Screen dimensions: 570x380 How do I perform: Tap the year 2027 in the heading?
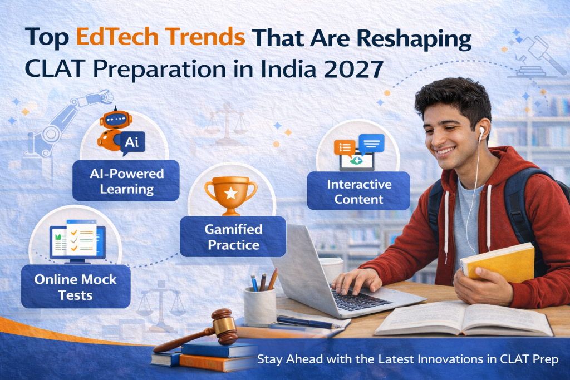(x=353, y=69)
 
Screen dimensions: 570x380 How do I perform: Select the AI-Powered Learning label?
(x=126, y=181)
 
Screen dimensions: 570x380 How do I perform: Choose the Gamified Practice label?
(x=233, y=237)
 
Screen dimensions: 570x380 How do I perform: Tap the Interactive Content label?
(x=358, y=191)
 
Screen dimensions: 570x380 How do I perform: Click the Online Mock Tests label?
(x=76, y=287)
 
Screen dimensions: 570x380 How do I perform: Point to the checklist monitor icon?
(x=77, y=241)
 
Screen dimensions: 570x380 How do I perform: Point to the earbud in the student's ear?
(x=481, y=132)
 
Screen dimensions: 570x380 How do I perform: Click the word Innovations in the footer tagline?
(x=450, y=359)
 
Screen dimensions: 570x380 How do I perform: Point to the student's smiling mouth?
(x=445, y=150)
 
